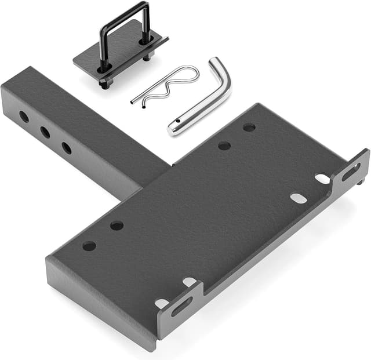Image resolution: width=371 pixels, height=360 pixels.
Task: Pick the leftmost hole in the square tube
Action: tap(24, 117)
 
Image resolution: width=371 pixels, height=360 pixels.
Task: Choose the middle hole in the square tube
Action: tap(45, 132)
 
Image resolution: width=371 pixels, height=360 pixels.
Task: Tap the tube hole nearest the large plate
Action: tap(67, 148)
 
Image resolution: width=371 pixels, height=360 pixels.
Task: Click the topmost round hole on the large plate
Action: tap(249, 128)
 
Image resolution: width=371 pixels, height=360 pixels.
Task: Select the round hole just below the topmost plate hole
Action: tap(224, 146)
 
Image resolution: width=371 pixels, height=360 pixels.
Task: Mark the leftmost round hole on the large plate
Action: tap(89, 246)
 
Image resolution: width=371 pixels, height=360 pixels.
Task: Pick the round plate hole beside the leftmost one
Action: tap(117, 226)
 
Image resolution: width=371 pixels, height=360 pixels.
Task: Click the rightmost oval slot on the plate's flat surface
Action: tap(323, 179)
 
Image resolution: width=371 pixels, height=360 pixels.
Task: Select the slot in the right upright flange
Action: tap(351, 172)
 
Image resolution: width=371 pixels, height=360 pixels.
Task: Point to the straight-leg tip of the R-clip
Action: tap(133, 101)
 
